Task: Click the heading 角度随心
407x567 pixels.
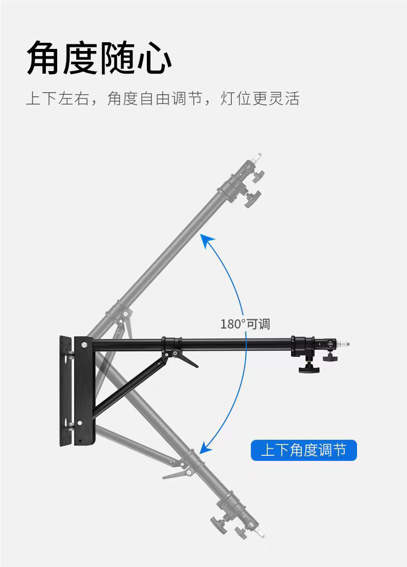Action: (99, 58)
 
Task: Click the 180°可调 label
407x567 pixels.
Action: (245, 324)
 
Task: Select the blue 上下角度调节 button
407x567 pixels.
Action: (303, 451)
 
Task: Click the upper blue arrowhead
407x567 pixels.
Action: (208, 240)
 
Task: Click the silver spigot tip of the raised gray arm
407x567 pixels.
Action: (259, 156)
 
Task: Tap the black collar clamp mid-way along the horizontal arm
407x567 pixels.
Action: (171, 343)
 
